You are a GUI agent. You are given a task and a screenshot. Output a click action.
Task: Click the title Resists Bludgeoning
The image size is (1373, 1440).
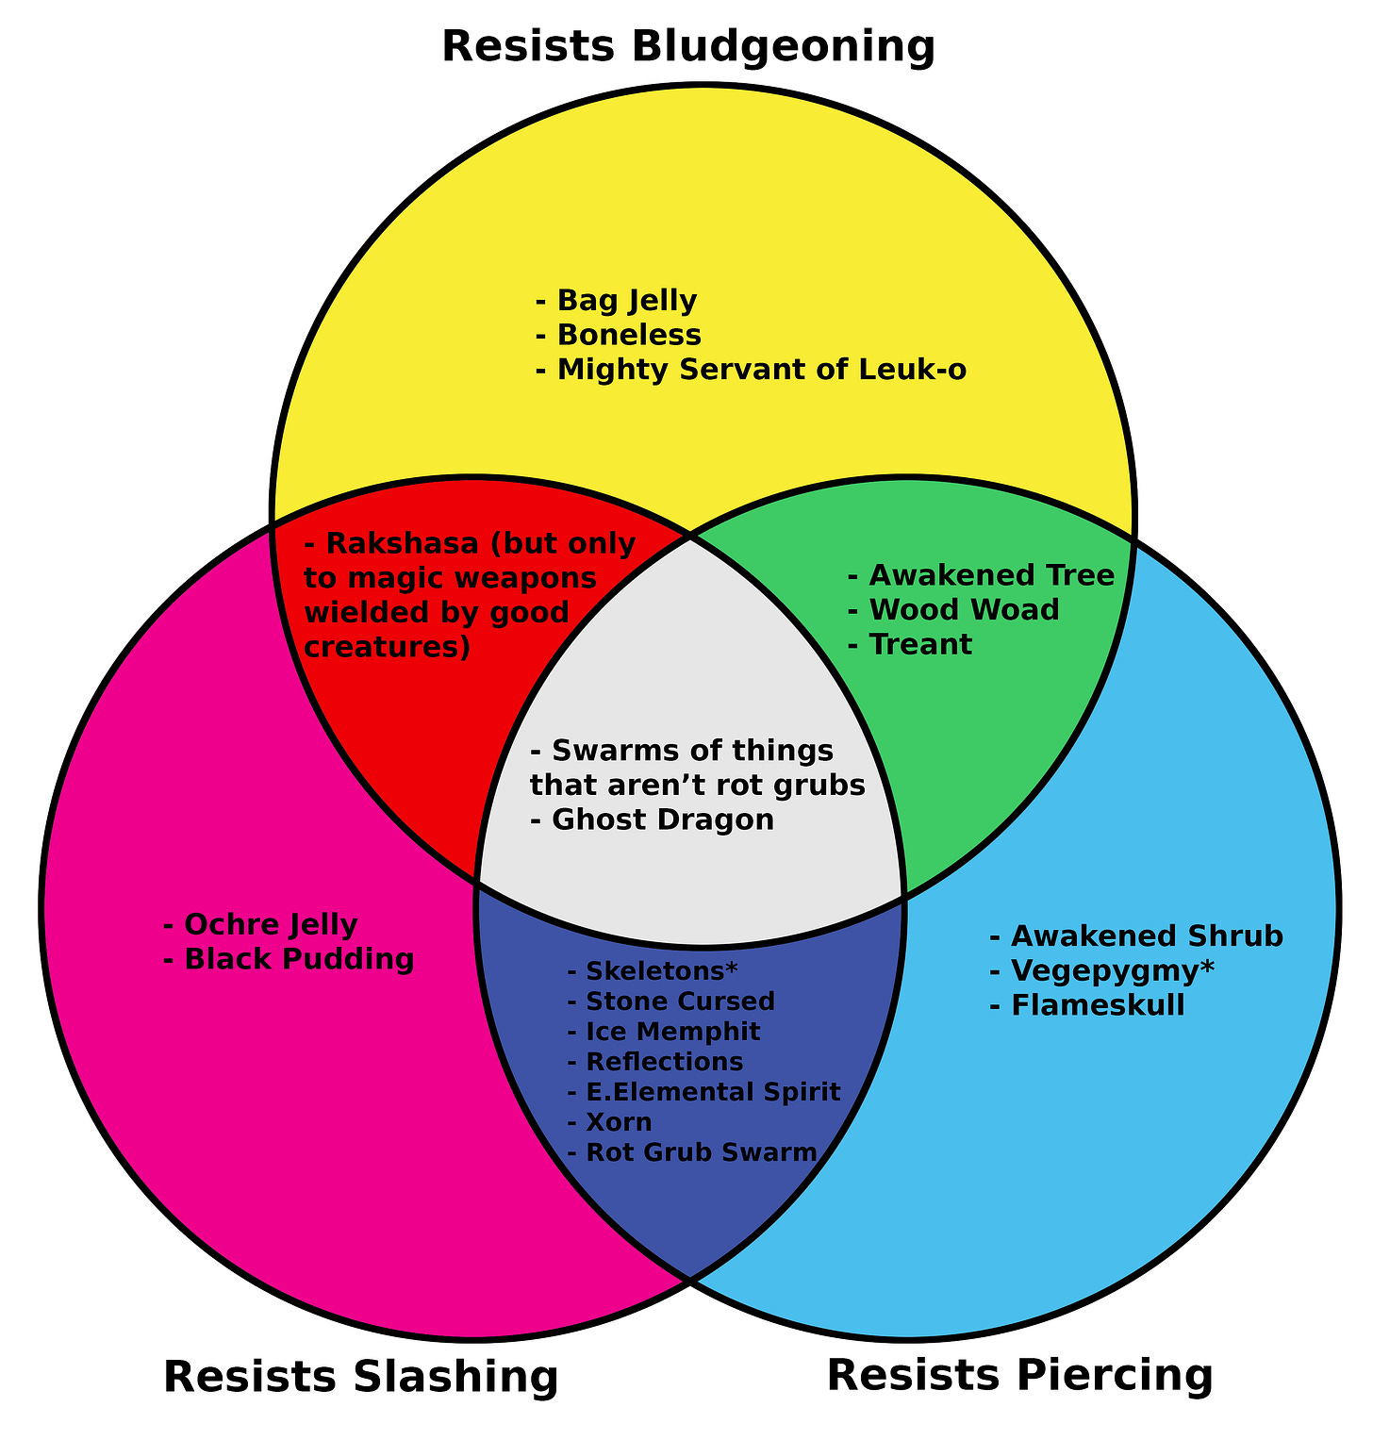pos(688,47)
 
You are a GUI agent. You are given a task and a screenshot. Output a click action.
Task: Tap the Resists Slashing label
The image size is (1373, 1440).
pos(361,1376)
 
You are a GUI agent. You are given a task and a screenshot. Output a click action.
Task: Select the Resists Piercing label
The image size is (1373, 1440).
pos(1019,1374)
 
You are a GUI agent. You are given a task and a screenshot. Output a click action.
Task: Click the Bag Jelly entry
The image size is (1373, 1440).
pos(617,301)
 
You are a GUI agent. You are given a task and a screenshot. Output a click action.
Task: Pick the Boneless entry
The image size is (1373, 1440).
pos(619,336)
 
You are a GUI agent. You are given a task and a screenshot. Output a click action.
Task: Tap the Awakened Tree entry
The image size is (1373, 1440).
pos(982,574)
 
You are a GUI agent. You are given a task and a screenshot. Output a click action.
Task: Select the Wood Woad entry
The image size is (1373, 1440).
pos(954,610)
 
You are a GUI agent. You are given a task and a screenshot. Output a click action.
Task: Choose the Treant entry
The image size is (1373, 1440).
pos(910,645)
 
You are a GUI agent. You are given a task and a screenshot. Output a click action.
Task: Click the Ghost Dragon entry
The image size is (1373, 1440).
pos(653,820)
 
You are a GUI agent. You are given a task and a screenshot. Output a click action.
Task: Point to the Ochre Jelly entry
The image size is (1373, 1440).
pos(260,924)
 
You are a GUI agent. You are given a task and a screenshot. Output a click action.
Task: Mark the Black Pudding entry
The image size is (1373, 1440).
pos(289,960)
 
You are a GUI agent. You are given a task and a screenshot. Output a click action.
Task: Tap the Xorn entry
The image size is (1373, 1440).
pos(609,1122)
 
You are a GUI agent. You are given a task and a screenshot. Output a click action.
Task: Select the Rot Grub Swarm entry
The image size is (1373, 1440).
pos(692,1152)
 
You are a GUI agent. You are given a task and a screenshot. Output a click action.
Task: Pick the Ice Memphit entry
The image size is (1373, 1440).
pos(664,1032)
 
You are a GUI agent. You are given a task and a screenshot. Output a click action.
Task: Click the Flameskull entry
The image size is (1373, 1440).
pos(1087,1006)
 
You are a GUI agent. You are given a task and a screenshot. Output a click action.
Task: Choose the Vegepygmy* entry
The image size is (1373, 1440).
pos(1102,971)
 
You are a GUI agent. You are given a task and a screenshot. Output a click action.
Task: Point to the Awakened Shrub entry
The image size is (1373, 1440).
pos(1136,936)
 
